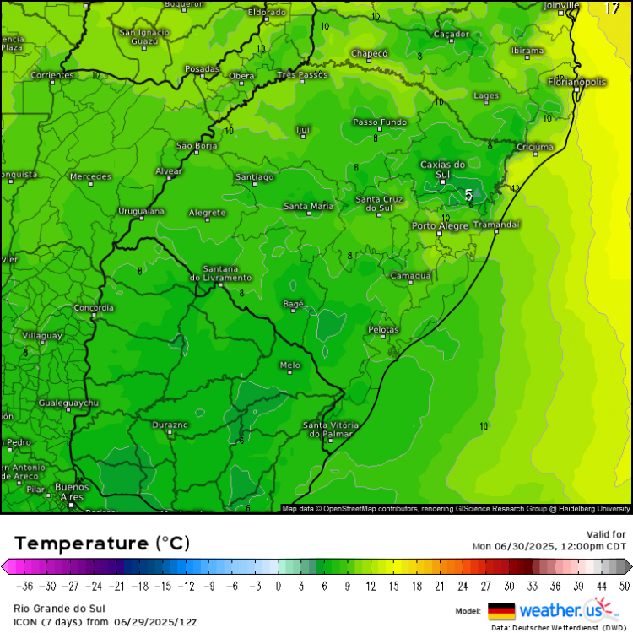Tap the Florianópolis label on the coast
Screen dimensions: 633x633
pos(577,82)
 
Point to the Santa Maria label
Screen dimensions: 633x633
pos(308,206)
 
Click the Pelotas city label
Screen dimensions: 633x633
pos(383,328)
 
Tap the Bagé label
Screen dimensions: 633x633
pos(292,303)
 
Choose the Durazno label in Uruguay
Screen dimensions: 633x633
pos(170,425)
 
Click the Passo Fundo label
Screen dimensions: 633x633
pos(380,122)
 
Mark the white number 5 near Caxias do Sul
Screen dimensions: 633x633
pos(468,195)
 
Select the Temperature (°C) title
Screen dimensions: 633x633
pos(101,543)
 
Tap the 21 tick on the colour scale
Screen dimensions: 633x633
pos(439,586)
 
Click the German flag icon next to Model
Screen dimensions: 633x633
pos(501,610)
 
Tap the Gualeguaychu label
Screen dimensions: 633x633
pos(68,403)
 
